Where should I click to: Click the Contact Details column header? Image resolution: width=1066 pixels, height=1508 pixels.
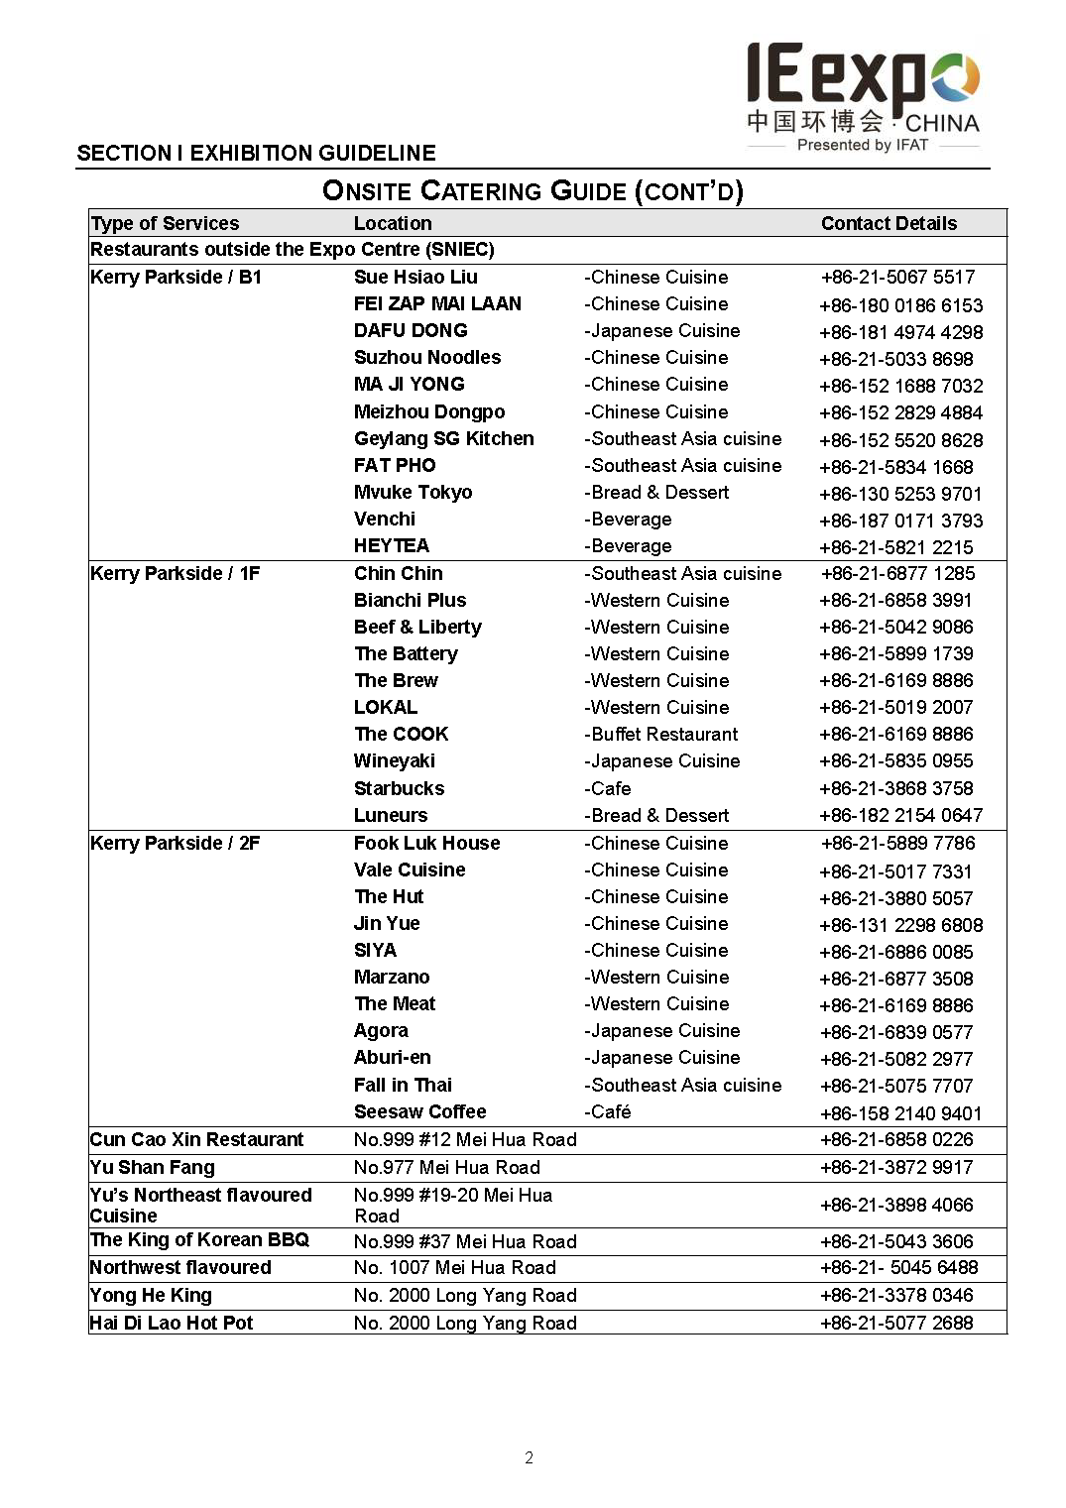(888, 223)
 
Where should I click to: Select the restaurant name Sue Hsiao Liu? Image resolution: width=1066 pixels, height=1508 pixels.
(415, 277)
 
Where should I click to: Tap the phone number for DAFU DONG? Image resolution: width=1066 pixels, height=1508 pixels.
(900, 332)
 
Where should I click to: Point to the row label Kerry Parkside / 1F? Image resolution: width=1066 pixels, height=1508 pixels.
(175, 573)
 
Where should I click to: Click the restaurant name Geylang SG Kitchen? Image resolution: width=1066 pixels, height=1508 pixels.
(443, 438)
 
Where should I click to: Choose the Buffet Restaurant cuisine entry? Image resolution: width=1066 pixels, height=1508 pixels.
(660, 734)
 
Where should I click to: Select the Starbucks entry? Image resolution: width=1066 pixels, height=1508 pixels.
(399, 788)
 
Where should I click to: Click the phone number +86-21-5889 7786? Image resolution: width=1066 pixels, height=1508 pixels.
(897, 843)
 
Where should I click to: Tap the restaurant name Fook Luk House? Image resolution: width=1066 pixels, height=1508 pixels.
(426, 843)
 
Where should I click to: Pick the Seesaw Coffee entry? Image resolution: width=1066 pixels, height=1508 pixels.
(419, 1111)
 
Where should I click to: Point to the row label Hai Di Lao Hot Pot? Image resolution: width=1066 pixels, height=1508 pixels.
(171, 1323)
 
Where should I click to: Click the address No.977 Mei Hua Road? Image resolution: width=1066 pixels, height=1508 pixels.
(446, 1167)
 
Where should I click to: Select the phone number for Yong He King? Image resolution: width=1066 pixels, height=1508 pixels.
(896, 1295)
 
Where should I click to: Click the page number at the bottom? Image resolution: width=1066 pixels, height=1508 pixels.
(529, 1457)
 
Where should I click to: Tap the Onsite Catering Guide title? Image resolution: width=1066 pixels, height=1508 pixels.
(533, 190)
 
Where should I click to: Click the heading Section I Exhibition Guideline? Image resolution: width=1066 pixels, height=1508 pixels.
(256, 153)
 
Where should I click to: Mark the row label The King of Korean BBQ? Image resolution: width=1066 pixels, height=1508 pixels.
(199, 1239)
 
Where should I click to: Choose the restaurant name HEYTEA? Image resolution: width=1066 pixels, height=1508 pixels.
(391, 545)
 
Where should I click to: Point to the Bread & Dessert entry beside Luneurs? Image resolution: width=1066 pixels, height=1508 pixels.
(655, 815)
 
